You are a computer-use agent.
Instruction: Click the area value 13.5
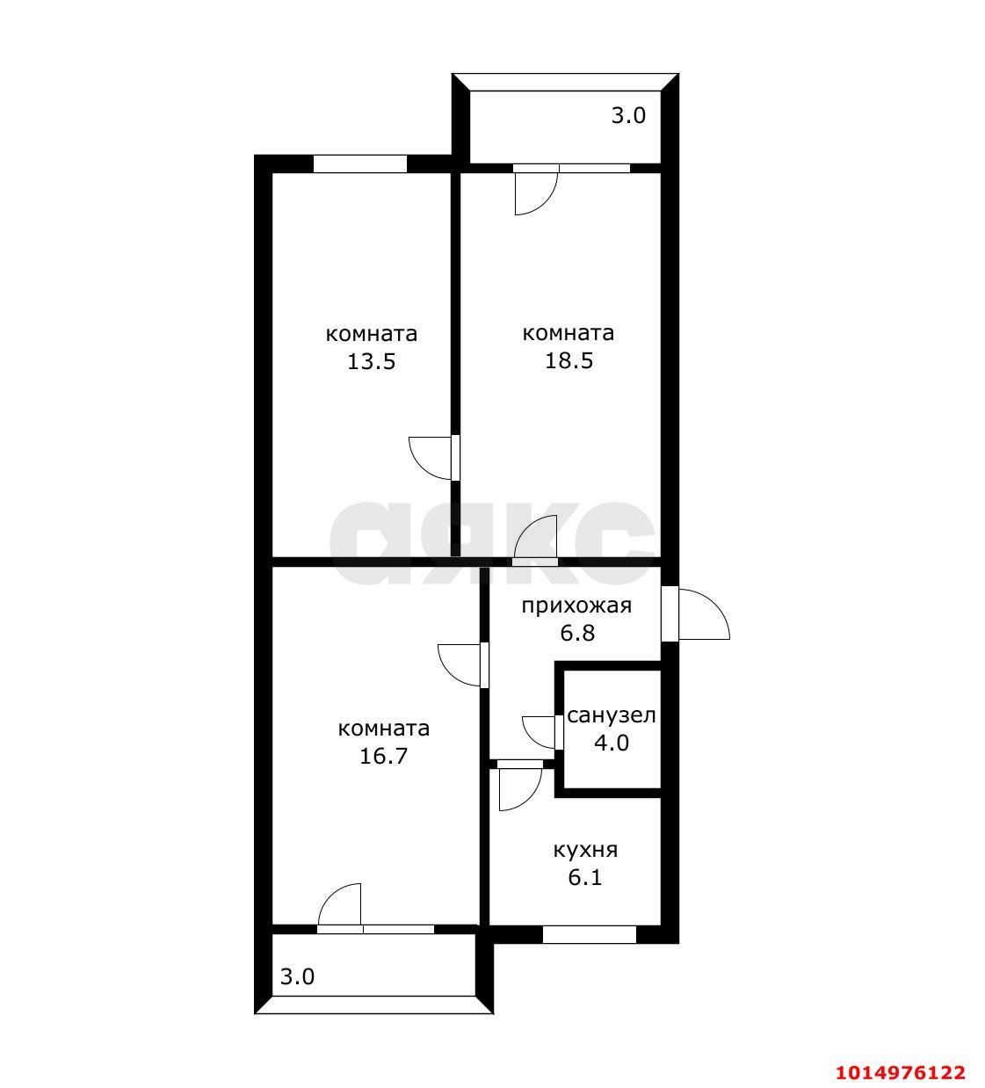click(x=372, y=361)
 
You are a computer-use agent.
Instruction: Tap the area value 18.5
click(x=569, y=360)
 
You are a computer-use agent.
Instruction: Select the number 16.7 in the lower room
click(x=383, y=756)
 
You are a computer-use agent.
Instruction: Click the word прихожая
click(x=576, y=606)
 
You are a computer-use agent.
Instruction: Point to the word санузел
click(x=612, y=716)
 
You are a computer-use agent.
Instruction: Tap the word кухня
click(x=586, y=850)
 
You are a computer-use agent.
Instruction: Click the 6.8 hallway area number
click(x=577, y=633)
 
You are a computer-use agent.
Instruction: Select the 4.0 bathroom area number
click(x=612, y=743)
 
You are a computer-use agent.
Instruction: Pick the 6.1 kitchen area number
click(x=585, y=877)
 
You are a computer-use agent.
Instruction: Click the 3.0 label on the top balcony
click(x=628, y=116)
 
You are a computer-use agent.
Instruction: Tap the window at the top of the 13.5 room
click(x=360, y=163)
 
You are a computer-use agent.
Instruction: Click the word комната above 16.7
click(x=383, y=729)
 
